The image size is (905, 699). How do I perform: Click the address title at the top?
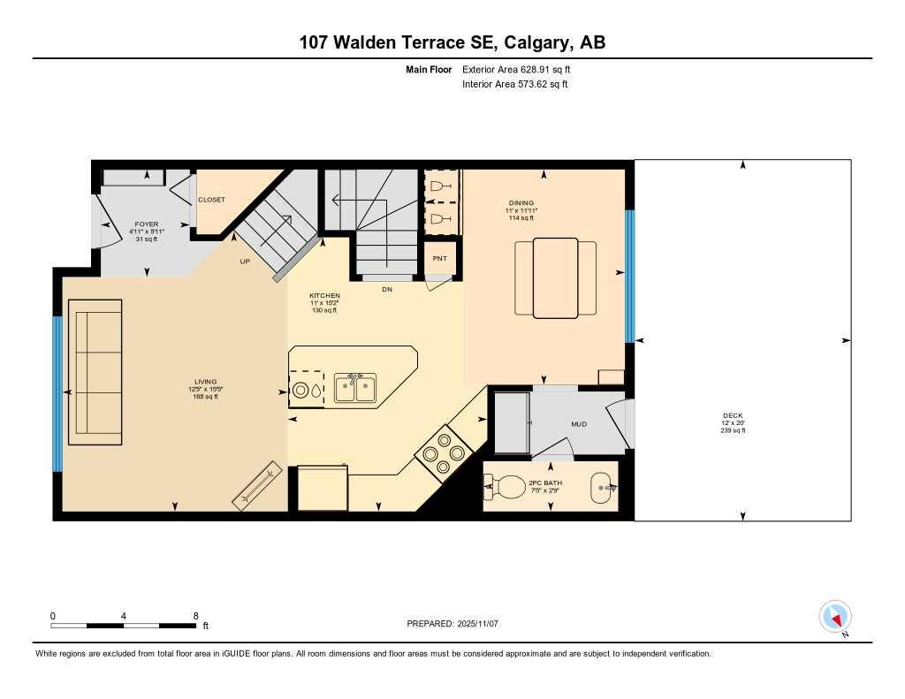pos(452,42)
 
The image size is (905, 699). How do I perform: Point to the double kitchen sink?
pos(355,388)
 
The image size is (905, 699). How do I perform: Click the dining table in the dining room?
pos(555,277)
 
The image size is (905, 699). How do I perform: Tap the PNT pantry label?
pos(439,258)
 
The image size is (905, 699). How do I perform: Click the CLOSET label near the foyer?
pos(211,200)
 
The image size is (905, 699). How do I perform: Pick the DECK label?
pos(734,414)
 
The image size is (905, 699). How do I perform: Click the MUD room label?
pos(579,424)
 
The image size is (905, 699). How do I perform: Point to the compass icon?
pos(834,616)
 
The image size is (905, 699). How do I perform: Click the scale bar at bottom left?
pos(124,626)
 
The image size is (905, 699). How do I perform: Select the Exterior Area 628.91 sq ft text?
pos(522,69)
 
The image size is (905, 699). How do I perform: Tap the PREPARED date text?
pos(452,623)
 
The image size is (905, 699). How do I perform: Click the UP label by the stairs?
pos(245,262)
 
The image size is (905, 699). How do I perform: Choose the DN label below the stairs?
pos(387,289)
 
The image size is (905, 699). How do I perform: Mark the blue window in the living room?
pos(57,393)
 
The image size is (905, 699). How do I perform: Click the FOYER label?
pos(147,224)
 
